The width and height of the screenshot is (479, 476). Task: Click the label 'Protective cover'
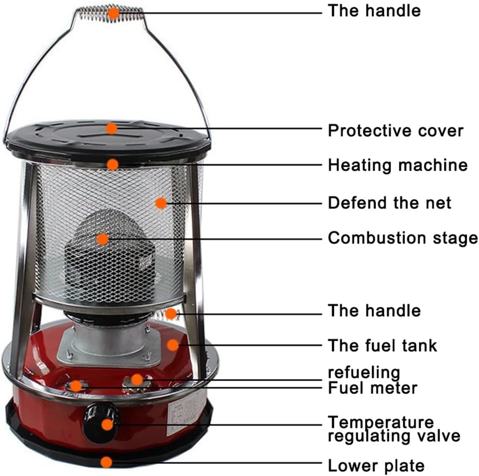click(x=395, y=131)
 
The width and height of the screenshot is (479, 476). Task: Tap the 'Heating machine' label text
click(x=397, y=165)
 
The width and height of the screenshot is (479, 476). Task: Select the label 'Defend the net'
click(x=389, y=202)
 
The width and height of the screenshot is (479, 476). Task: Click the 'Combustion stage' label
click(x=402, y=238)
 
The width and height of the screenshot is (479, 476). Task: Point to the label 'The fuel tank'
click(x=382, y=345)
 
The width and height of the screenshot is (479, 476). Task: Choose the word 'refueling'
click(x=364, y=372)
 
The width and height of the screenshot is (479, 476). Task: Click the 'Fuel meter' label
click(x=372, y=388)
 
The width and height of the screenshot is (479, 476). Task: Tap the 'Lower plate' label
click(x=376, y=465)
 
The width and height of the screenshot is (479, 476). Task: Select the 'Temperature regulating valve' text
click(x=394, y=429)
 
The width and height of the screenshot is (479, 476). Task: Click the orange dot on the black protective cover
click(x=111, y=128)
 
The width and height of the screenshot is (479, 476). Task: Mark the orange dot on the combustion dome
click(x=102, y=239)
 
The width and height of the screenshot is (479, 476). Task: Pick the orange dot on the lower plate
click(x=107, y=462)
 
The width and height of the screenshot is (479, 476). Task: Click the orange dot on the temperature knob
click(x=107, y=424)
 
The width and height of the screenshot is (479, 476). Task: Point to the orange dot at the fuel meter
click(x=76, y=385)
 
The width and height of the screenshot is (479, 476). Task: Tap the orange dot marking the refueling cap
click(x=136, y=380)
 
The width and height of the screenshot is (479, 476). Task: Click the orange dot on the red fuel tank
click(x=173, y=344)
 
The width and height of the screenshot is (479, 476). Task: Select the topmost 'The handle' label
click(x=374, y=10)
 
